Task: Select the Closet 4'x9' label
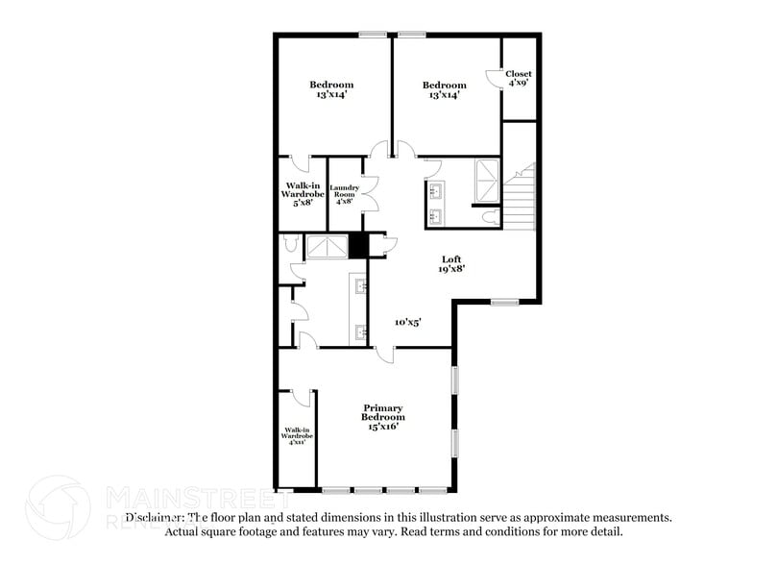click(519, 78)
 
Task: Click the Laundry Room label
click(344, 193)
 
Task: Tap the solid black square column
click(358, 246)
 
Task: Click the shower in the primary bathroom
click(320, 247)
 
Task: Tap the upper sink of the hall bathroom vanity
click(435, 189)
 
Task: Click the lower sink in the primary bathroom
click(362, 332)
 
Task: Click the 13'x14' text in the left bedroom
click(331, 95)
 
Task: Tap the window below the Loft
click(504, 303)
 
